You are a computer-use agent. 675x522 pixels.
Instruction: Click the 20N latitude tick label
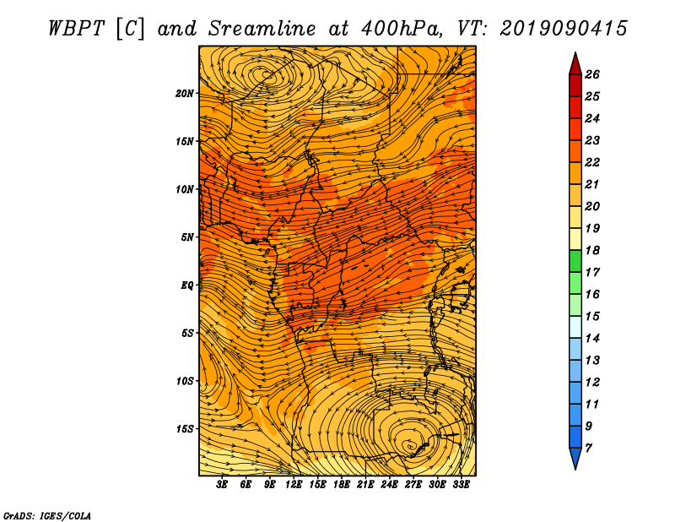pos(184,94)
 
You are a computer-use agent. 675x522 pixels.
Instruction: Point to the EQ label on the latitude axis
pos(186,285)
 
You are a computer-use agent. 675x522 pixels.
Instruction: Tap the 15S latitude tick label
pos(184,429)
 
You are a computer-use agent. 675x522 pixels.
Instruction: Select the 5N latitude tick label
pos(186,237)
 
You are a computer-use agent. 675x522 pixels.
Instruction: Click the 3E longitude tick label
pos(222,485)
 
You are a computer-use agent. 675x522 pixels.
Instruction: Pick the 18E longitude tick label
pos(342,485)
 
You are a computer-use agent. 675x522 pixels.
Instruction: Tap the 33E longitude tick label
pos(461,485)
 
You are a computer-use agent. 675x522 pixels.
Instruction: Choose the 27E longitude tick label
pos(413,485)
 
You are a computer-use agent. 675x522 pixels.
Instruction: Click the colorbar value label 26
pos(592,74)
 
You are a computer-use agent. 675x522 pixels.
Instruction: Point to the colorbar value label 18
pos(592,250)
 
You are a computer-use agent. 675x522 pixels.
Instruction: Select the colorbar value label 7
pos(588,449)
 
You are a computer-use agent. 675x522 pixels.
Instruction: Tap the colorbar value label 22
pos(592,162)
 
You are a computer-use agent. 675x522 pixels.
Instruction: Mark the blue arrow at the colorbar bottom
pos(575,456)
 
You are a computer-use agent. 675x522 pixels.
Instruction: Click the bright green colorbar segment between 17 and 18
pos(575,261)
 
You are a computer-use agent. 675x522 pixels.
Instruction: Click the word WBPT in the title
pos(77,29)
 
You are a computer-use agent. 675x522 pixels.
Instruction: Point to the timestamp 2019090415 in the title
pos(564,29)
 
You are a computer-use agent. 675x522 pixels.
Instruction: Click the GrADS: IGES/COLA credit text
pos(47,516)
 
